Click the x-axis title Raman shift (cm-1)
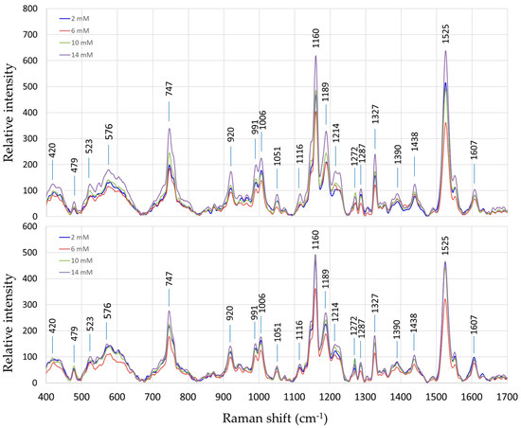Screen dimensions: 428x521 pos(277,417)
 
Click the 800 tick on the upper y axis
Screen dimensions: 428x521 pos(32,9)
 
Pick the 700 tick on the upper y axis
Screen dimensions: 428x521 pos(32,35)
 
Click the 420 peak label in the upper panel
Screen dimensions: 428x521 pos(53,152)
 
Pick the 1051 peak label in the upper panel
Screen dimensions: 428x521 pos(277,157)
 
